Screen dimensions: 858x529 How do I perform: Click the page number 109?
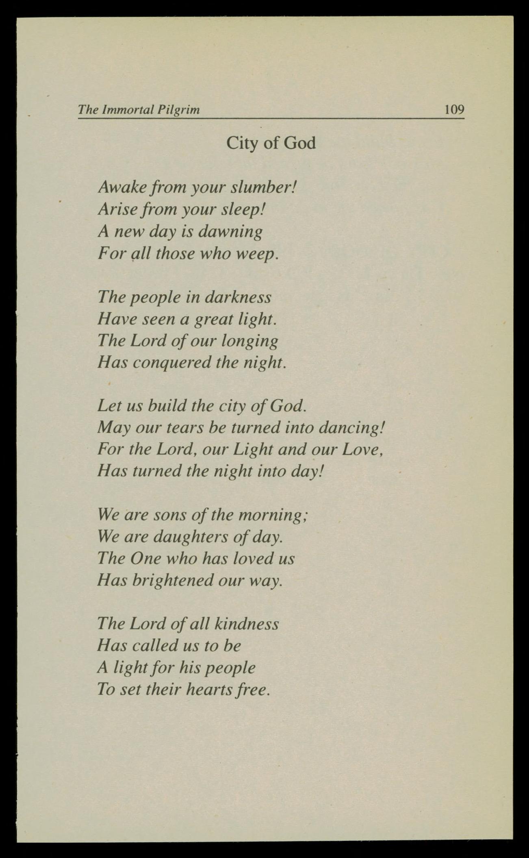454,109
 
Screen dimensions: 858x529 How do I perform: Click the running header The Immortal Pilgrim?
139,109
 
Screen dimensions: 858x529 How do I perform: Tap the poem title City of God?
271,143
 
